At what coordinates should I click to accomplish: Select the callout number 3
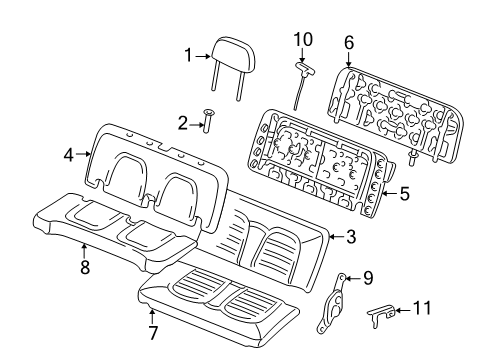point(351,237)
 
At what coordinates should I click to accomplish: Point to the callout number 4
point(69,155)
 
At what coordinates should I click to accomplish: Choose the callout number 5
point(405,195)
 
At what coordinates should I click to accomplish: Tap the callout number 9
point(368,279)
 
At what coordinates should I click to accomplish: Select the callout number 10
point(302,39)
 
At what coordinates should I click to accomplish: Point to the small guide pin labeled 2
point(211,121)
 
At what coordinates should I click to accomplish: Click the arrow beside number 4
point(84,155)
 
